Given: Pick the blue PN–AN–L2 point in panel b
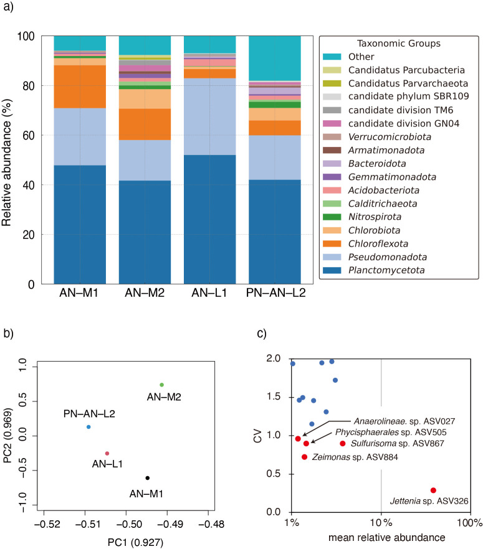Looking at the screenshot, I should click(88, 427).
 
